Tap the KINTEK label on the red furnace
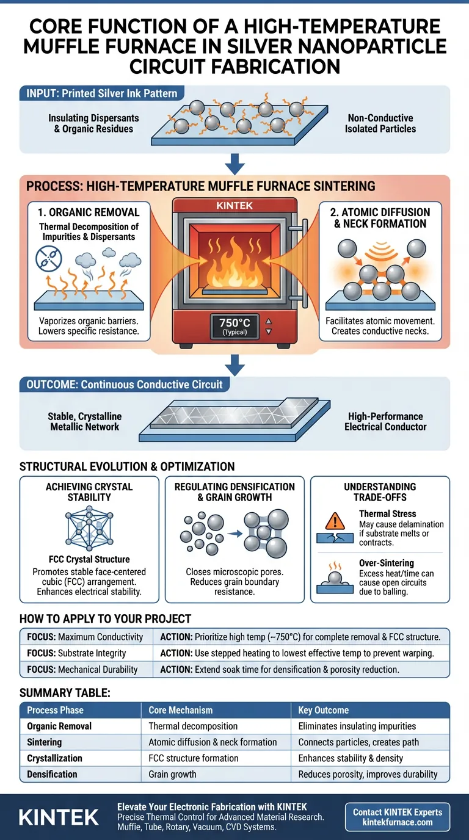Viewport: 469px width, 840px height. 234,206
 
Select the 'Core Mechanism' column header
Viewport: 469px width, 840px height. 181,710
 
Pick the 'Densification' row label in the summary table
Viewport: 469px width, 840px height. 53,774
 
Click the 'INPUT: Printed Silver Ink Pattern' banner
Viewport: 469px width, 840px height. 101,93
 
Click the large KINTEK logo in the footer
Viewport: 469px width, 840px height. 59,817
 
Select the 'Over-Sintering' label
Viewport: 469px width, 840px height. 387,563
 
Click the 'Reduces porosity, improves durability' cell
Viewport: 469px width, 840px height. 368,774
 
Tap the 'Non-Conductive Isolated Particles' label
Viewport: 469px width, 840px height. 380,123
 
